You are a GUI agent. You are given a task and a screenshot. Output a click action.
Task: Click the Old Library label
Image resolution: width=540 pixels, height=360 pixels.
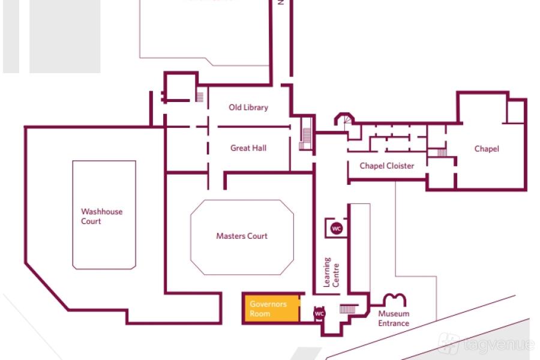pos(248,107)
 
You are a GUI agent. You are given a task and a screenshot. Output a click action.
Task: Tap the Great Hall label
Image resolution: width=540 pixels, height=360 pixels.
pos(248,148)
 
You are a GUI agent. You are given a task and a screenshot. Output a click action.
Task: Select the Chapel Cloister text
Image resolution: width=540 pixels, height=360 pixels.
pos(386,166)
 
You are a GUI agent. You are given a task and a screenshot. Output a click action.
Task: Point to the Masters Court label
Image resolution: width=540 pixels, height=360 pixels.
pos(242,236)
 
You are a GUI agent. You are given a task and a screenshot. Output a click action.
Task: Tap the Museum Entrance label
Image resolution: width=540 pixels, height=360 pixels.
pos(394,319)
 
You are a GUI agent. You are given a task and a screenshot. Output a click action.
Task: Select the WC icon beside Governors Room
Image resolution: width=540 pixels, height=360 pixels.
pos(319,314)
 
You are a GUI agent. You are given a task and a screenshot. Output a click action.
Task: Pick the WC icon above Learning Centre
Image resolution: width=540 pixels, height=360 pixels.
pos(337,228)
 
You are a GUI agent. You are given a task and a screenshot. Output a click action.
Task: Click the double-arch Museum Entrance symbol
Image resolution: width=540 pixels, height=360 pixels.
pos(395,299)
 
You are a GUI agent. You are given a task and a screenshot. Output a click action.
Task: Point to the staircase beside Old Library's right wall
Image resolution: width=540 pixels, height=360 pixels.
pos(306,139)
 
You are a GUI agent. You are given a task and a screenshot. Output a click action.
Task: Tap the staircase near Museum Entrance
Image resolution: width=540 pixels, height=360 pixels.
pos(349,308)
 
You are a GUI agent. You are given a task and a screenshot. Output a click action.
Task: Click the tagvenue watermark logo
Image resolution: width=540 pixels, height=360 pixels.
pos(485,344)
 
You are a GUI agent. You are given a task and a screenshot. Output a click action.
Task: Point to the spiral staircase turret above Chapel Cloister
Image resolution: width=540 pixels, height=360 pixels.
pos(346,121)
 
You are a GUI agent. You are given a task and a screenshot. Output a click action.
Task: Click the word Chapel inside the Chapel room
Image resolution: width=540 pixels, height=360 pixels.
pos(486,149)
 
